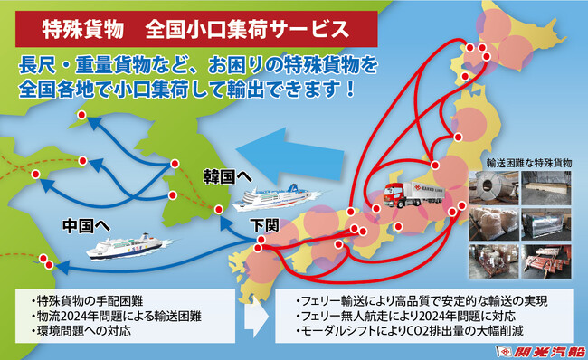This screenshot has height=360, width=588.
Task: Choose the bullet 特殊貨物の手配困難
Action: click(87, 299)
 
